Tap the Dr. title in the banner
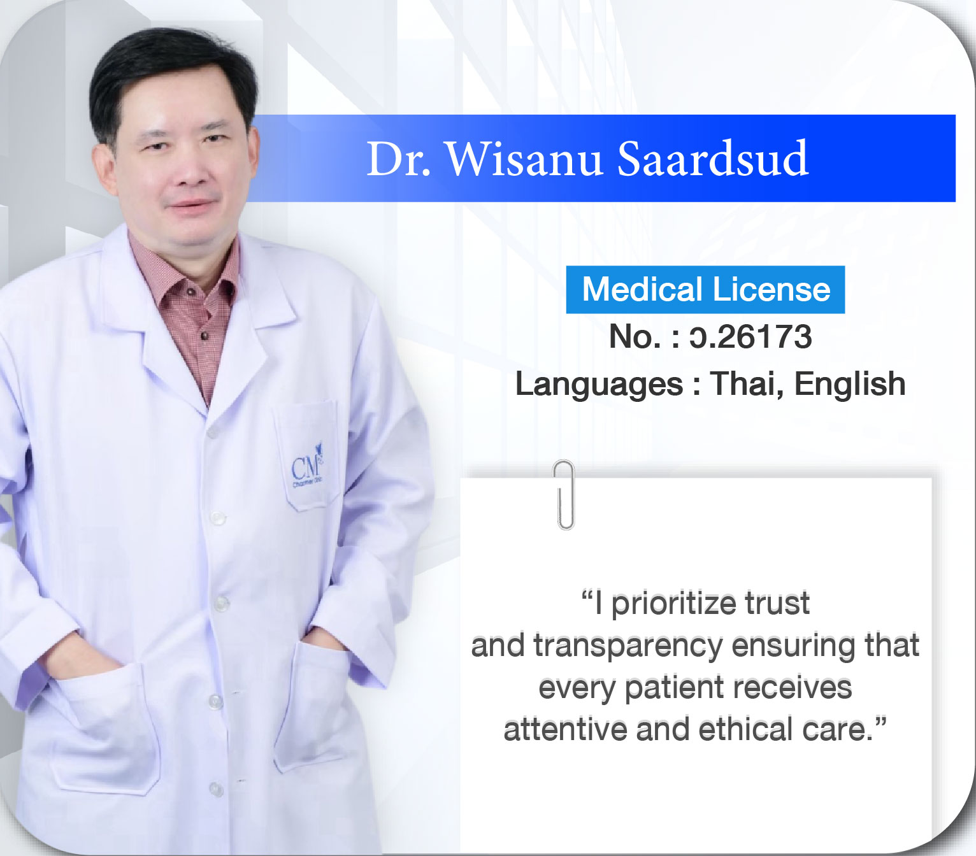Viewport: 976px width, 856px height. [398, 159]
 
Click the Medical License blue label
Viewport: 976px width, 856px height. [705, 290]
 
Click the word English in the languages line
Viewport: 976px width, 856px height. [850, 385]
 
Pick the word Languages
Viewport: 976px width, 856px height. [599, 385]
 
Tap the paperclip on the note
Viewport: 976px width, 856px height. [564, 495]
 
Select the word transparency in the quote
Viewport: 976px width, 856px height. [628, 646]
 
